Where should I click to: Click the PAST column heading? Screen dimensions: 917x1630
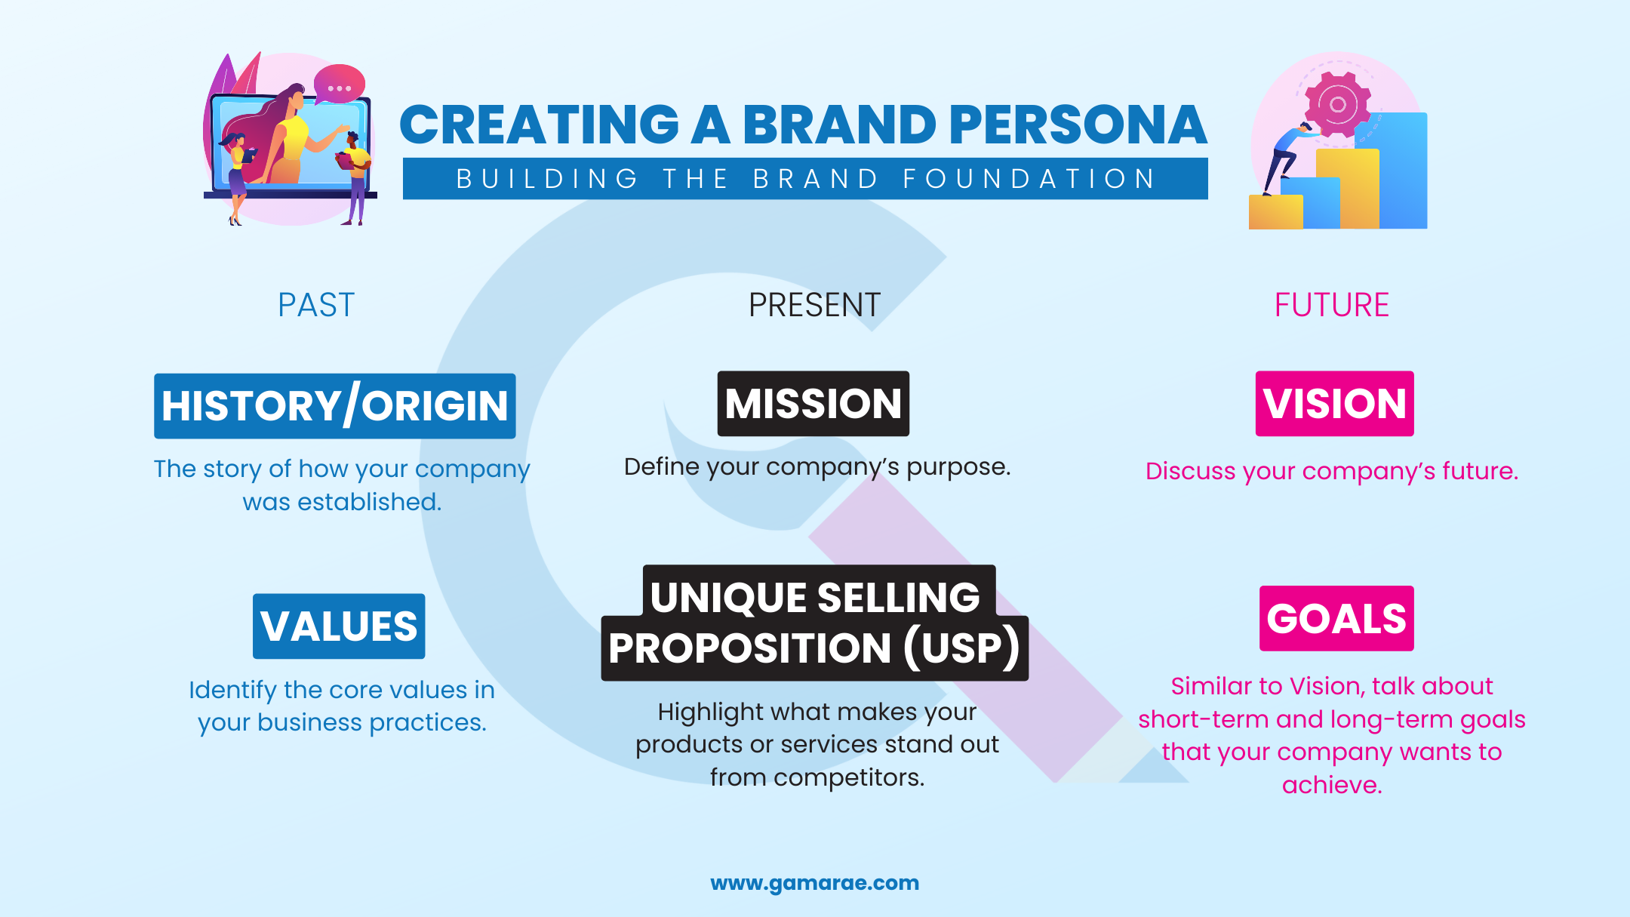tap(315, 306)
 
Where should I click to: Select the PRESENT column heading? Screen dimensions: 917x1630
tap(814, 306)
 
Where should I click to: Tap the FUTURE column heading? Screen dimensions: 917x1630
tap(1331, 306)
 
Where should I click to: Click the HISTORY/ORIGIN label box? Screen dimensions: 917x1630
tap(335, 406)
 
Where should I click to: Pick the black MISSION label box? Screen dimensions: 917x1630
tap(813, 404)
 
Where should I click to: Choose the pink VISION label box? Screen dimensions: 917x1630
tap(1334, 404)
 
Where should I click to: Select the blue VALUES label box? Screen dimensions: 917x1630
tap(339, 626)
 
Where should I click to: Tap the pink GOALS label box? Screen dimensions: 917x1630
tap(1336, 619)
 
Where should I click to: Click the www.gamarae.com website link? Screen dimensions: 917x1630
tap(814, 883)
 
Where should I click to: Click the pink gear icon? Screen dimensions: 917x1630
tap(1337, 104)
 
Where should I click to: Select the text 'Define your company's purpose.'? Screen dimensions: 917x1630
tap(817, 467)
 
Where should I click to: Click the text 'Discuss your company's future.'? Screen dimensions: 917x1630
tap(1331, 472)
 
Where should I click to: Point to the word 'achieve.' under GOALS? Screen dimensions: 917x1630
tap(1332, 786)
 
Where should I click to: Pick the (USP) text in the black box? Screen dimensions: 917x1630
tap(961, 648)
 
